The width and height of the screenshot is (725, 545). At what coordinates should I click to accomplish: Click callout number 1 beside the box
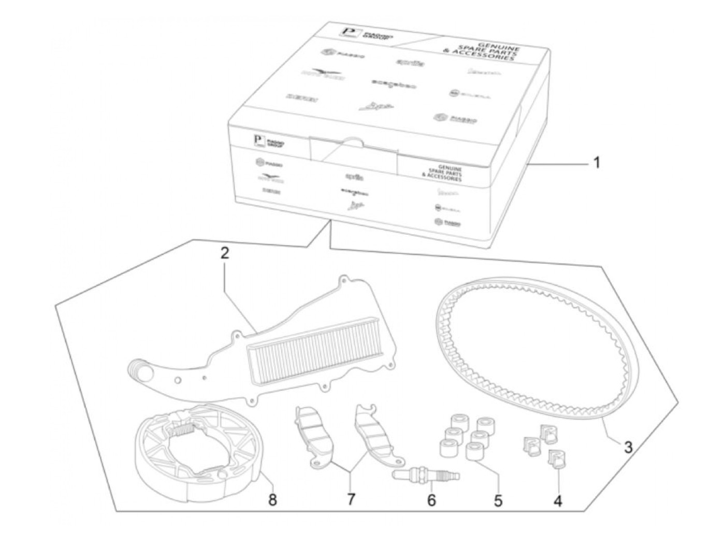click(596, 163)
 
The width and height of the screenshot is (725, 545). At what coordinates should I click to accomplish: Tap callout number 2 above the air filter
click(224, 254)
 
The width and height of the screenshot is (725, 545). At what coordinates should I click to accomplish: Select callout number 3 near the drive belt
click(628, 446)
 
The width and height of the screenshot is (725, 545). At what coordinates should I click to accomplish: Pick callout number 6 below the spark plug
click(432, 500)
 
